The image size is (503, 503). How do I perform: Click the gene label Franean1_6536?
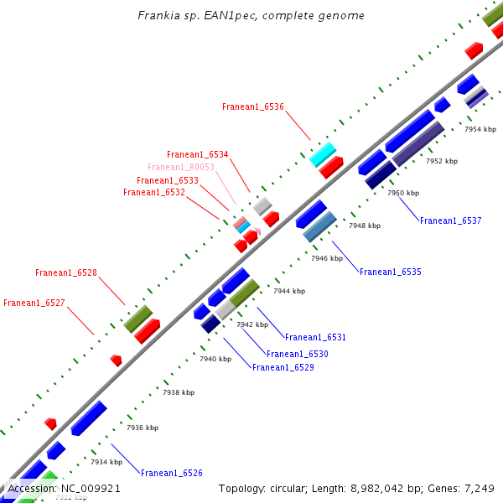pos(253,106)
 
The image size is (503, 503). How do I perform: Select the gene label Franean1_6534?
pos(198,154)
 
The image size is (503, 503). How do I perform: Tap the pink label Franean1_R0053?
pos(181,167)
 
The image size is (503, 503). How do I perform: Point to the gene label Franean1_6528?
pos(66,272)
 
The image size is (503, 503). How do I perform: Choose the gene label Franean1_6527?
pos(34,303)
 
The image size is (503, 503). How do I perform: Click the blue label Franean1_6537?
pos(451,220)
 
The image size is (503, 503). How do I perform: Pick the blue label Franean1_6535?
pos(391,272)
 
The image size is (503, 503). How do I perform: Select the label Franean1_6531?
pos(315,337)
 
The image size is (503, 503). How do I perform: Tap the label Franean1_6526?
pos(172,473)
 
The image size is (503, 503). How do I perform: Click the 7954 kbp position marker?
pos(480,129)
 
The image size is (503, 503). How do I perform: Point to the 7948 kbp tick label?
pos(365,226)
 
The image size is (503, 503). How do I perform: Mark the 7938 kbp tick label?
pos(179,392)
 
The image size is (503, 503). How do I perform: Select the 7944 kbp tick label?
pos(289,291)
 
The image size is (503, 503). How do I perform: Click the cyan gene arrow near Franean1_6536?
pos(323,154)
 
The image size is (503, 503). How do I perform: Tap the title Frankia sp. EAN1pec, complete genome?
pos(251,16)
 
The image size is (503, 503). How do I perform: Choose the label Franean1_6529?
pos(283,367)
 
